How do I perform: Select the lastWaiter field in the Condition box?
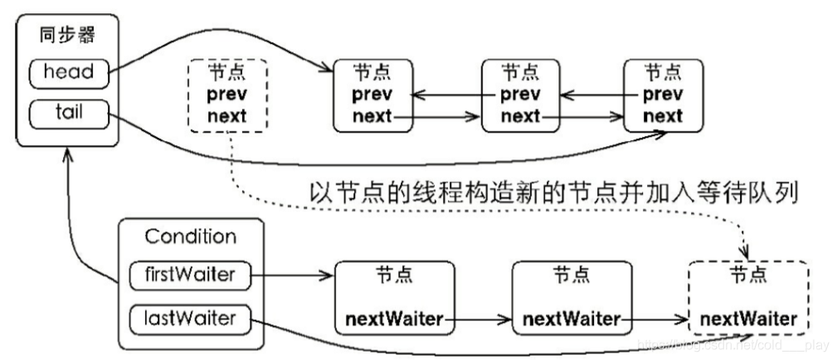[191, 317]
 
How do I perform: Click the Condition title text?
[191, 236]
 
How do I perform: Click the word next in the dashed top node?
[227, 115]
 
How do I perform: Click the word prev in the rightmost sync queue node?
[663, 95]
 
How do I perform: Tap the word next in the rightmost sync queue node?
[663, 116]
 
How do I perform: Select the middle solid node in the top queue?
[520, 95]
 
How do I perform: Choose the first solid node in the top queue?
[372, 95]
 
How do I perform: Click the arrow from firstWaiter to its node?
[290, 275]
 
